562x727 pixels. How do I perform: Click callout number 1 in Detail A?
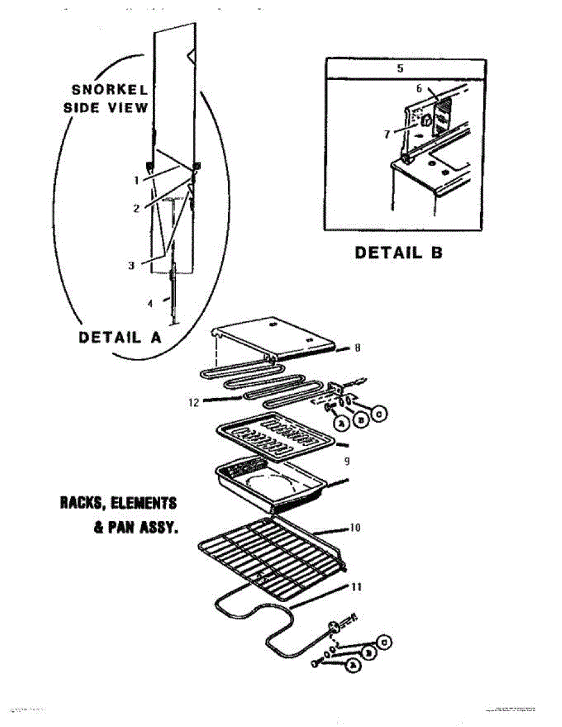tap(137, 180)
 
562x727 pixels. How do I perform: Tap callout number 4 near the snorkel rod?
tap(151, 304)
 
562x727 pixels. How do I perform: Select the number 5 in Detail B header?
tap(400, 68)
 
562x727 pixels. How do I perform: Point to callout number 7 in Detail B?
tap(387, 134)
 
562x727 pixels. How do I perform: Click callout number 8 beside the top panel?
tap(358, 348)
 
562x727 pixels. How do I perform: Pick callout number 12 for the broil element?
tap(193, 402)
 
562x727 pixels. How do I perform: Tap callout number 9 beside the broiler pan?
tap(347, 461)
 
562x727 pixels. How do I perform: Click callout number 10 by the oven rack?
tap(355, 528)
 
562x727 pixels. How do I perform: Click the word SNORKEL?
tap(110, 90)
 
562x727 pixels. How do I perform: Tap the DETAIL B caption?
tap(398, 252)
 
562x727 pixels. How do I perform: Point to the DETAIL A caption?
tap(120, 337)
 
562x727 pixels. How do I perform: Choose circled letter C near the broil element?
tap(379, 414)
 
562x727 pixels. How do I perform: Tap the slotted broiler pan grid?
tap(273, 433)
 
